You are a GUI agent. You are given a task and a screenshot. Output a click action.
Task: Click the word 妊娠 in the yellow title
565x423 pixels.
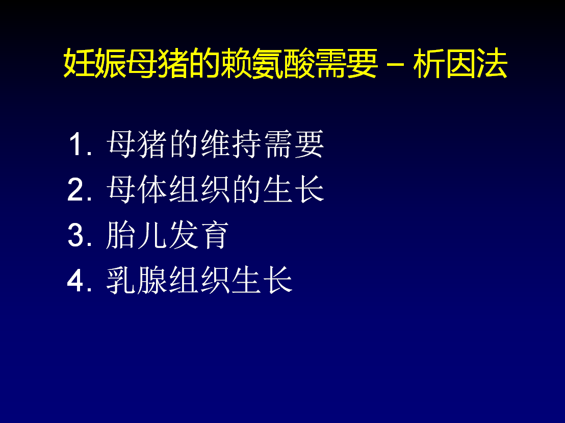pos(95,63)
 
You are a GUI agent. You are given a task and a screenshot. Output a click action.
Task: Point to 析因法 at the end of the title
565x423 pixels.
pos(460,63)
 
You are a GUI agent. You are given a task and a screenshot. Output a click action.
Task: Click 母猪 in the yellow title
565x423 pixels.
pos(158,63)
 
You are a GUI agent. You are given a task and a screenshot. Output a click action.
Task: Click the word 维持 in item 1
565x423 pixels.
pos(232,144)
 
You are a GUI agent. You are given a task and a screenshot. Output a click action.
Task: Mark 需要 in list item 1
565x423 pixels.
pos(294,144)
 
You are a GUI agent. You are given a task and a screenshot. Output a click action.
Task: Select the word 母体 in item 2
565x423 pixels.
pos(137,190)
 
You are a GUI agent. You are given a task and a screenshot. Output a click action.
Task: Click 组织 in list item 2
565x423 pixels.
pos(199,190)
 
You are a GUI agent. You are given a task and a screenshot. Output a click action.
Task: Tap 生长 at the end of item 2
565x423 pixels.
pos(294,190)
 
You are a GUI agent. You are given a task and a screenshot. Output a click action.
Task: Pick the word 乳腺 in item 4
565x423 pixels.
pos(137,281)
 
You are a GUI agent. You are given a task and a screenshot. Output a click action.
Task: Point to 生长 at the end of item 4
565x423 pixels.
pos(262,281)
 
